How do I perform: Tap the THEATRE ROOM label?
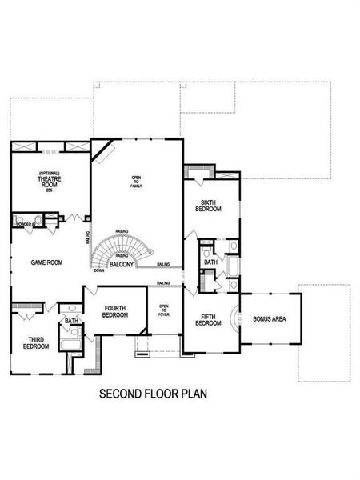click(50, 182)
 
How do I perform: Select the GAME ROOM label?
click(47, 262)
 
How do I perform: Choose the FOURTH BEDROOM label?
click(114, 311)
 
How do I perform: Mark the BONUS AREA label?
click(270, 319)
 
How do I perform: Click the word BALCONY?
click(122, 265)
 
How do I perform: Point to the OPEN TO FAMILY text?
click(136, 181)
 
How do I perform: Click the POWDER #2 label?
click(24, 225)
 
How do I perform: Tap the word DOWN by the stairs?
click(98, 270)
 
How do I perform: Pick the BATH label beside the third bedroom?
click(72, 322)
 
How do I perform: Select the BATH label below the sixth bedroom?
click(210, 262)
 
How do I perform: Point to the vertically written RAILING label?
click(86, 238)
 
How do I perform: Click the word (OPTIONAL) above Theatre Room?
click(50, 172)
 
